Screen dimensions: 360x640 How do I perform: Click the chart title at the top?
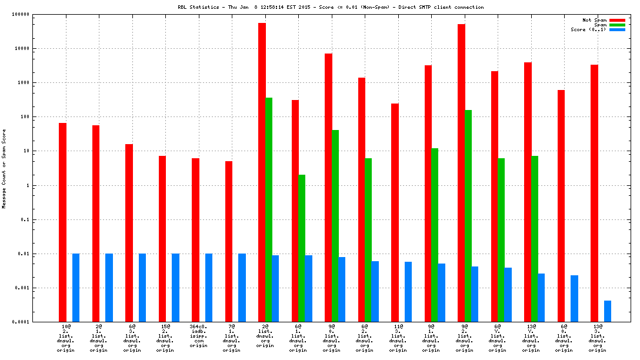tap(331, 7)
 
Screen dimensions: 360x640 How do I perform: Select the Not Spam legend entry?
tap(594, 20)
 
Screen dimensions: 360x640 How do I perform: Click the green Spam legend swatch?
tap(617, 25)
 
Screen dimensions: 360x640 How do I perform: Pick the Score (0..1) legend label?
tap(588, 29)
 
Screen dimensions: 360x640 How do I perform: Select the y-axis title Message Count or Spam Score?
tap(4, 169)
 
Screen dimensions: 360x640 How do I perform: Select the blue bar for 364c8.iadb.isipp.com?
tap(209, 288)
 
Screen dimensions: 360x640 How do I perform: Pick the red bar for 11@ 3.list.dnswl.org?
tap(395, 212)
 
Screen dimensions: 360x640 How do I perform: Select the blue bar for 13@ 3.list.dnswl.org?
tap(608, 311)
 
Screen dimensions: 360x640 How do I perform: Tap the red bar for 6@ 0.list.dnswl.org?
tap(561, 206)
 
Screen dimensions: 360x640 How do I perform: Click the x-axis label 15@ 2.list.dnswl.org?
tap(165, 338)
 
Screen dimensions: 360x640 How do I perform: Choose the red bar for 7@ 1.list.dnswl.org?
tap(229, 241)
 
